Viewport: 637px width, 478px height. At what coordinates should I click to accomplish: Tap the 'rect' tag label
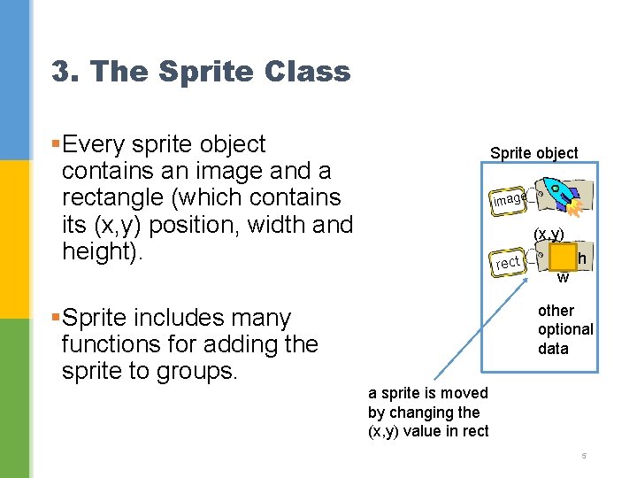[x=508, y=262]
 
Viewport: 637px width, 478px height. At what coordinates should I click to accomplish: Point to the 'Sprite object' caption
[x=533, y=153]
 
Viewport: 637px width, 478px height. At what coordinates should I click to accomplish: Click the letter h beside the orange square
[x=581, y=258]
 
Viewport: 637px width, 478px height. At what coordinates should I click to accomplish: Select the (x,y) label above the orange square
[x=549, y=235]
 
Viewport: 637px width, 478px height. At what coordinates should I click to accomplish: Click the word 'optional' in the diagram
[x=564, y=329]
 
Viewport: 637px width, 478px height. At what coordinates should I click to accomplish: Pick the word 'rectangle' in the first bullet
[x=113, y=197]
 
